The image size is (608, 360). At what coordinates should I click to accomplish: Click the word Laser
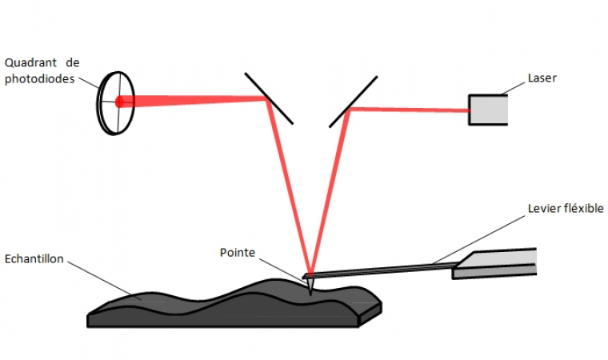point(542,78)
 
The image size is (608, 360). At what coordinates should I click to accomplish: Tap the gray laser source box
point(487,110)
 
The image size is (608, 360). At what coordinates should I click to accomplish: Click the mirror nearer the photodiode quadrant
point(269,98)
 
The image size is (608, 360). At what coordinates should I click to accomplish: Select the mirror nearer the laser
point(352,102)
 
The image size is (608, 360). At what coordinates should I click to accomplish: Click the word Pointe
point(237,253)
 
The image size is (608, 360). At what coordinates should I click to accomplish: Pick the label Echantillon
point(34,259)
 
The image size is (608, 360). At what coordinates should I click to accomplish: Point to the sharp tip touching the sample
point(308,286)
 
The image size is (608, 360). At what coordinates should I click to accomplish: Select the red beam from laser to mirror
point(408,110)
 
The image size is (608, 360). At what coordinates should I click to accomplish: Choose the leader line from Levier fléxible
point(480,238)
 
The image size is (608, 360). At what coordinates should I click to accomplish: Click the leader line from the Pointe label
point(280,267)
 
